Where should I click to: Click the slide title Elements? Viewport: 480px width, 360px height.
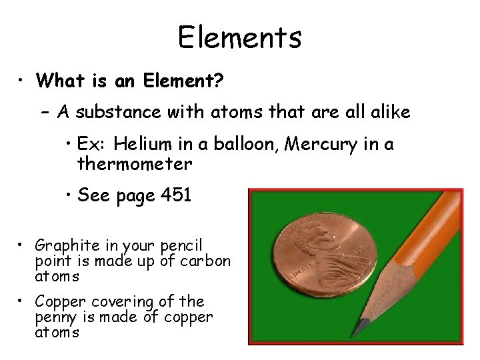tap(239, 37)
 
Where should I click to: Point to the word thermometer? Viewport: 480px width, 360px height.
tap(135, 163)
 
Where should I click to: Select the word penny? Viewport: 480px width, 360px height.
tap(55, 317)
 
